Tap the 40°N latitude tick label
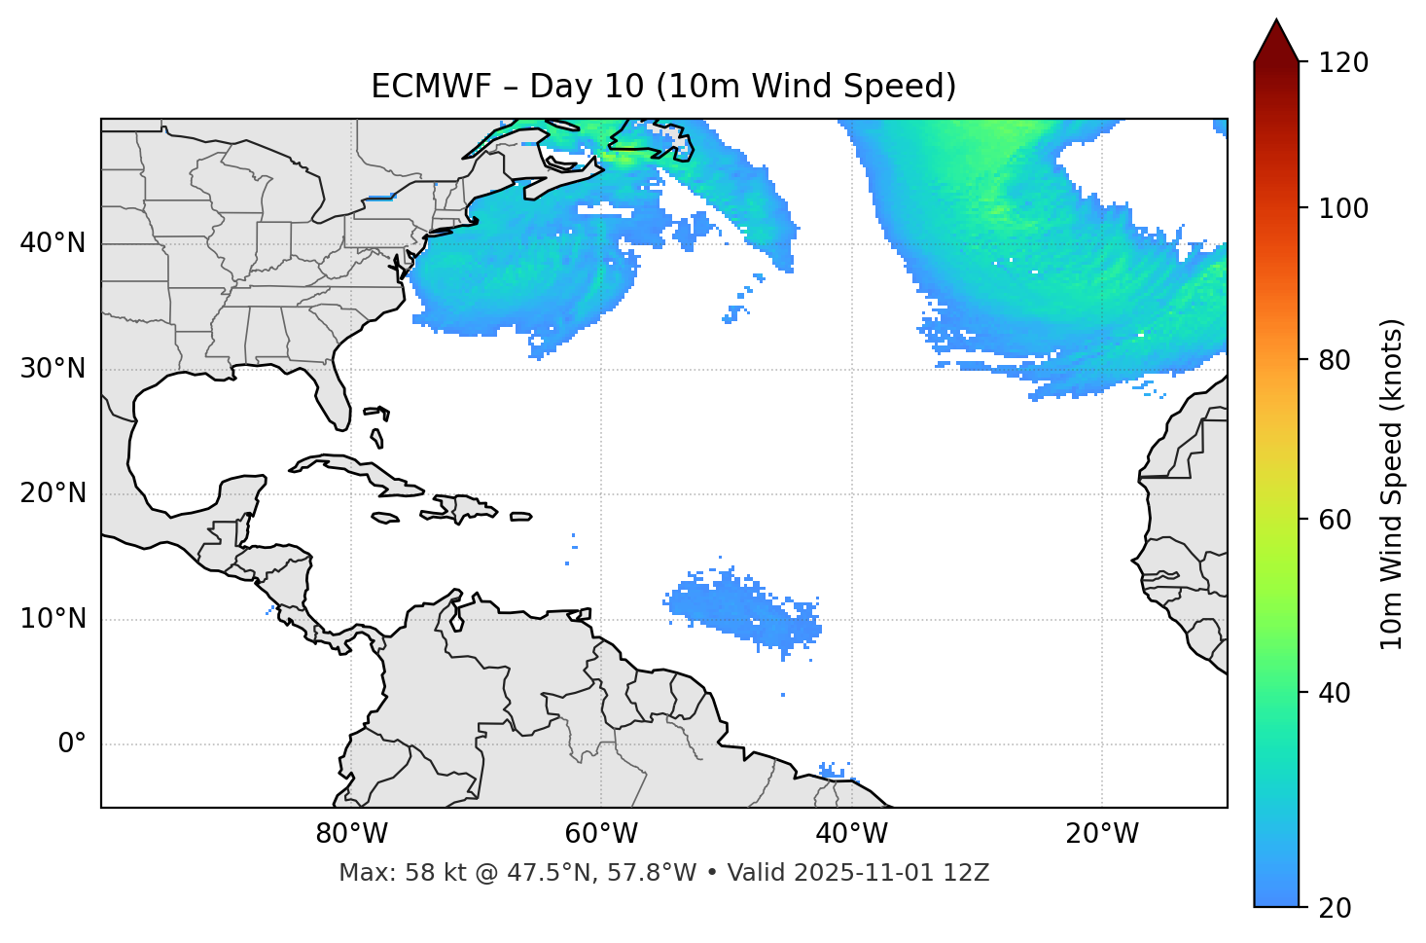click(53, 243)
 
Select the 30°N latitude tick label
click(53, 369)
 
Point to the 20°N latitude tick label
click(53, 493)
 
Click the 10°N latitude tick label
click(53, 619)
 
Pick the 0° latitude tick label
click(72, 744)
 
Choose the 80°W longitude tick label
click(351, 834)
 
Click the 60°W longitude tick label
click(601, 834)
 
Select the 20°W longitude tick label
click(1101, 834)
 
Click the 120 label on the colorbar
click(1343, 62)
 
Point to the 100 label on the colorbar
click(1343, 208)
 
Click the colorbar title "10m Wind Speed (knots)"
click(1392, 484)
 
